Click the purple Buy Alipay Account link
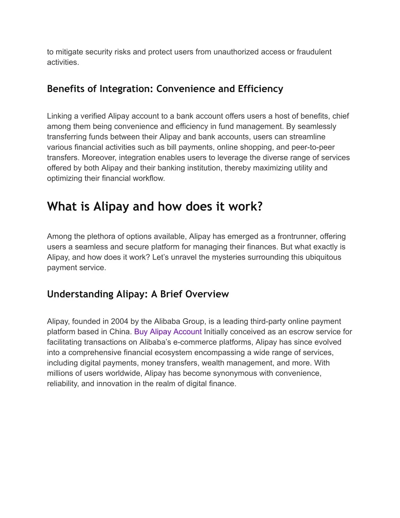(x=168, y=332)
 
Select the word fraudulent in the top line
(x=314, y=52)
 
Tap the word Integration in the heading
(x=125, y=89)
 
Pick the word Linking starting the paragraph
(x=59, y=116)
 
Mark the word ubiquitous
(x=321, y=257)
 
